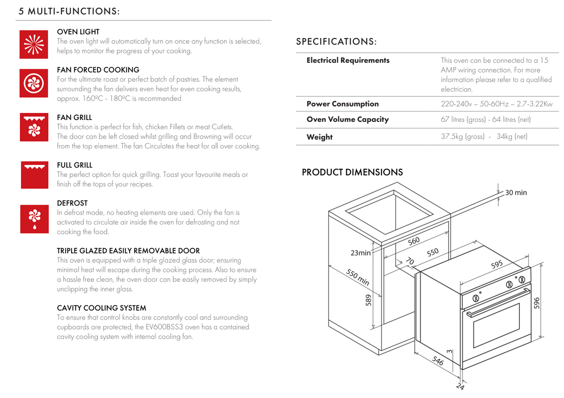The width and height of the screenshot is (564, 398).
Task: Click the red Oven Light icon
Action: (33, 45)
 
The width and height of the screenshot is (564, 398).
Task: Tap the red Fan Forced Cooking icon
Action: (33, 83)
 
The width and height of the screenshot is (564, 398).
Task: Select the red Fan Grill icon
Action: (33, 127)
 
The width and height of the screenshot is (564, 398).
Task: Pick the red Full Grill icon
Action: (34, 174)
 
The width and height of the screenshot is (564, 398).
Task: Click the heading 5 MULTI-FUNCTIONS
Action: (69, 12)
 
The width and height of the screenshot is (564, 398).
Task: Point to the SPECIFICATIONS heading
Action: (336, 42)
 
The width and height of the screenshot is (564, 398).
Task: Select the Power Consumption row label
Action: (342, 104)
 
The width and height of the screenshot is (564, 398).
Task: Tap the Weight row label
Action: (319, 137)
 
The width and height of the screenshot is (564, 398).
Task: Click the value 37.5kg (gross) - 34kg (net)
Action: (484, 137)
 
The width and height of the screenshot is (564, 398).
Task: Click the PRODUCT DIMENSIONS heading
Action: (352, 172)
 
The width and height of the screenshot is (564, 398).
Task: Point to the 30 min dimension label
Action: (516, 192)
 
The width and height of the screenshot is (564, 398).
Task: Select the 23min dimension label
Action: (361, 253)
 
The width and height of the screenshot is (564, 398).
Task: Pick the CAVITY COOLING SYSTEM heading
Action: (101, 308)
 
